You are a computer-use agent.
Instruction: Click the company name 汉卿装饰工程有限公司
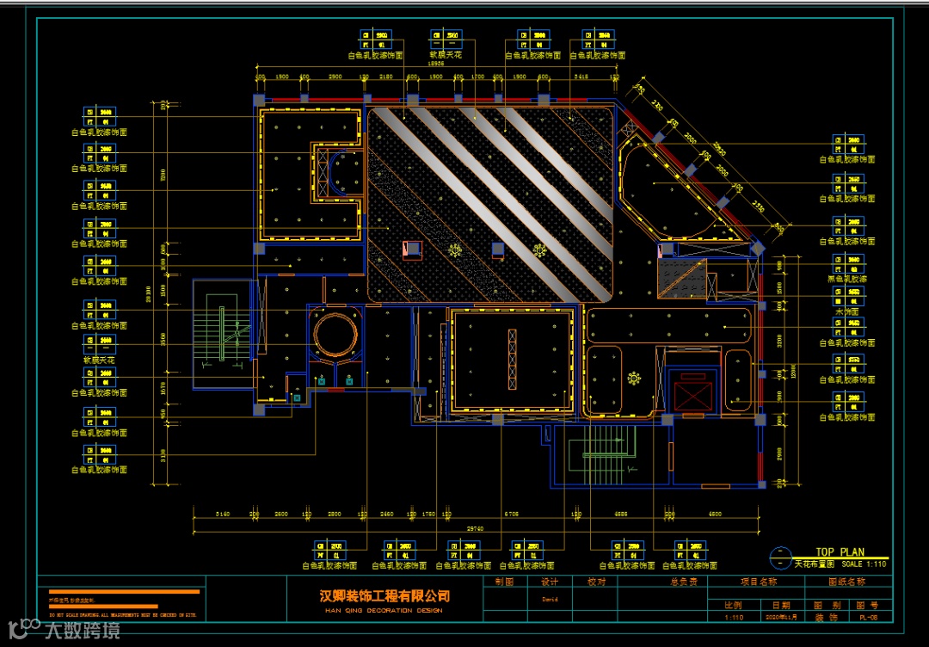coord(385,596)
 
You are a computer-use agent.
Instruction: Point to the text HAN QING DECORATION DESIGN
coord(385,610)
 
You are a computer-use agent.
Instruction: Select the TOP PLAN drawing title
coord(840,552)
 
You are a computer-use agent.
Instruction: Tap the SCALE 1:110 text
coord(864,564)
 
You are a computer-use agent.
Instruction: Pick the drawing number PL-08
coord(869,617)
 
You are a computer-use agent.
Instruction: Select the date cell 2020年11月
coord(781,617)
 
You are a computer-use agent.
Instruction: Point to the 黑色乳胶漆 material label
coord(846,279)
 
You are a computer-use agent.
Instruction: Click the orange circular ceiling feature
coord(335,336)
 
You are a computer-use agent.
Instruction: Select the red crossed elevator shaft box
coord(693,395)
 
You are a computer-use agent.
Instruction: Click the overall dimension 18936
coord(436,64)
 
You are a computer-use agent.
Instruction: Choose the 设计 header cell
coord(550,582)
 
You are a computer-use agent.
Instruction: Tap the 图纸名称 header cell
coord(847,582)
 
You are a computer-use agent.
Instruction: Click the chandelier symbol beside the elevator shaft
coord(634,377)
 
